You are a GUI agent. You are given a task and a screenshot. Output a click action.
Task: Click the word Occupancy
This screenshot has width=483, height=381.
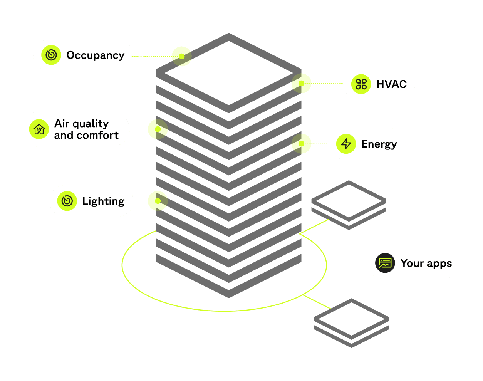pos(95,55)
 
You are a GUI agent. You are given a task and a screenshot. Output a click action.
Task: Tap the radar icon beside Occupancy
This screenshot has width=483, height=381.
pos(51,55)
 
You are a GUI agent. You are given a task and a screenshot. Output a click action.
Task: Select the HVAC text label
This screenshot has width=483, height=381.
pos(391,84)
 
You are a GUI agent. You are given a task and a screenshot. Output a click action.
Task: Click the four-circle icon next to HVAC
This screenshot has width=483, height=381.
pos(361,84)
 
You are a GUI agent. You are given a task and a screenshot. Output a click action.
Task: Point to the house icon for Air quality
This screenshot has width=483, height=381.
pos(39,129)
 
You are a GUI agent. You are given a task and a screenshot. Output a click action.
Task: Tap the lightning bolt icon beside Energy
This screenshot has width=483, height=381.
pos(346,144)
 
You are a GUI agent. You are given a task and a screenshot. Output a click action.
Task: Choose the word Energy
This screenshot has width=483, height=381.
pos(379,144)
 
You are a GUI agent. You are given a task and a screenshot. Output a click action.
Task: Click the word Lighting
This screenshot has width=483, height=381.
pos(103,201)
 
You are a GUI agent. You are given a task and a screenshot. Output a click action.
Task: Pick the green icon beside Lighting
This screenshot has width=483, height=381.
pos(67,201)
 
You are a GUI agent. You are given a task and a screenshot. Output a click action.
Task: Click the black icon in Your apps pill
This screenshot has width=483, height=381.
pos(385,263)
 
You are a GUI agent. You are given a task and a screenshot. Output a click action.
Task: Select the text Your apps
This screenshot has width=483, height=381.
pos(426,263)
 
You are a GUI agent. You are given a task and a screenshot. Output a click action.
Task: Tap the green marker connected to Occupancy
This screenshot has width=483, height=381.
pos(181,56)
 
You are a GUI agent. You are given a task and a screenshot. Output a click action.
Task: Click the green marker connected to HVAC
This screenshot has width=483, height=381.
pos(301,83)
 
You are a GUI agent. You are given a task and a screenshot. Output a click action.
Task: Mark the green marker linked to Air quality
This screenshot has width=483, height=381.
pos(158,129)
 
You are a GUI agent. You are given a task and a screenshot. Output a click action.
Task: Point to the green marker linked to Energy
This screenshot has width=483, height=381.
pos(301,144)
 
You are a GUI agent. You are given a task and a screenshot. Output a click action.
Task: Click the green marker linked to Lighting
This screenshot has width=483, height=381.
pos(158,201)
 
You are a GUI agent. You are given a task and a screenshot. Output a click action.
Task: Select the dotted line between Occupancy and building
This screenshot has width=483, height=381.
pos(152,56)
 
